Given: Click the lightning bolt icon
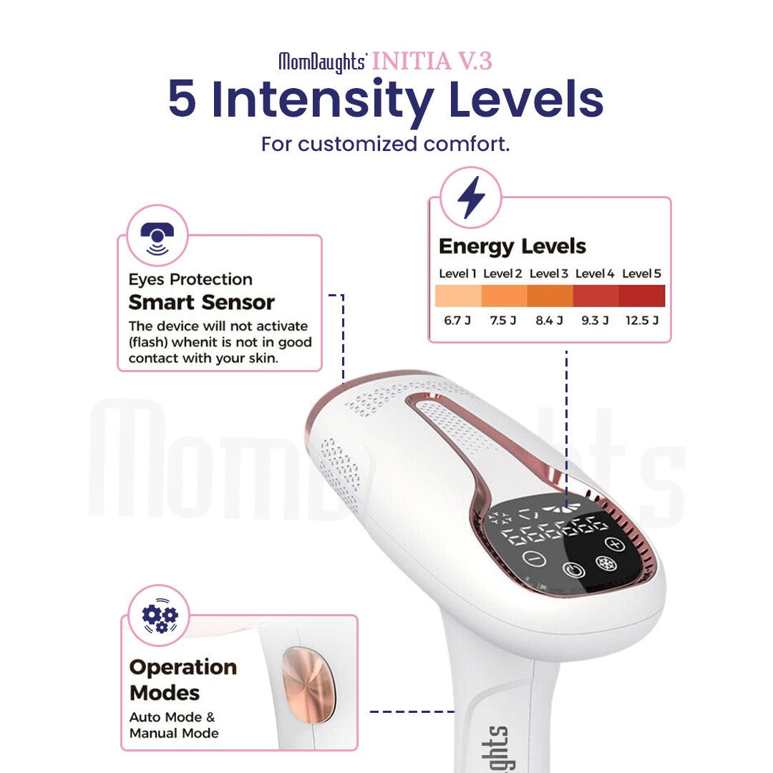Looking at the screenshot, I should pyautogui.click(x=471, y=198).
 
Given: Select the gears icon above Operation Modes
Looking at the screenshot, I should pyautogui.click(x=159, y=616).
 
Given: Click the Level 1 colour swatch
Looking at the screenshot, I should pyautogui.click(x=457, y=296).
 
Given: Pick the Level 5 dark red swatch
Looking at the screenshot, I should pyautogui.click(x=642, y=296).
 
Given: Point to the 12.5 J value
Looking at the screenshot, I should pyautogui.click(x=641, y=320).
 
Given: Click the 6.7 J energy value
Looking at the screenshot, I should pyautogui.click(x=457, y=320).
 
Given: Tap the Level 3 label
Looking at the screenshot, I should pyautogui.click(x=549, y=273).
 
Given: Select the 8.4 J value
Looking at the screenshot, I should pyautogui.click(x=549, y=320).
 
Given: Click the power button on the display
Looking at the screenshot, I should pyautogui.click(x=574, y=570).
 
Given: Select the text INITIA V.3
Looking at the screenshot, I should pyautogui.click(x=432, y=62).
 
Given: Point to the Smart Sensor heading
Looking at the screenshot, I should pyautogui.click(x=202, y=302).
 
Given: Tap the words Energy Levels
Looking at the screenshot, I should pyautogui.click(x=512, y=247).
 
